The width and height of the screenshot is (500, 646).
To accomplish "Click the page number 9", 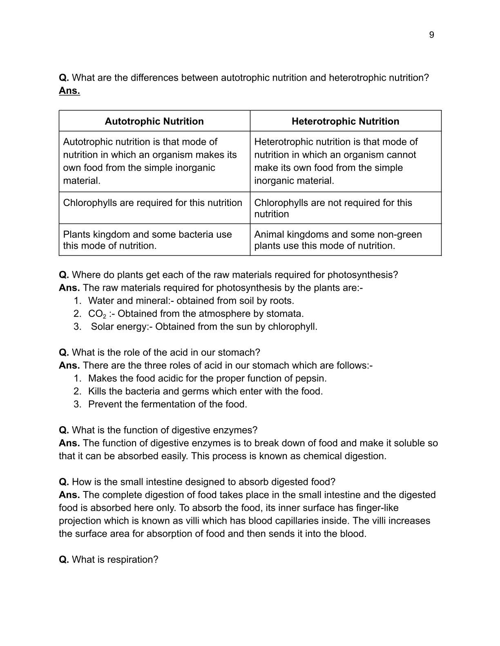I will point(431,35).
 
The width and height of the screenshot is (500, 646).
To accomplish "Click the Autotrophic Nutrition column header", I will point(154,122).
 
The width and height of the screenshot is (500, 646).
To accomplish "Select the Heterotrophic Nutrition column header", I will point(345,122).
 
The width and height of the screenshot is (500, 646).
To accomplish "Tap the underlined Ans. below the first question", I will point(69,91).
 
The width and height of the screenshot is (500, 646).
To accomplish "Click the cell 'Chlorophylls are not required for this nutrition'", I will point(333,208).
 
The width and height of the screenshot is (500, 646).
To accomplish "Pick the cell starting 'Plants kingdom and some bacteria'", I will point(147,240).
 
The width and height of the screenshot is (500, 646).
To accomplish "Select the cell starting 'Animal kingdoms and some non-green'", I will point(338,240).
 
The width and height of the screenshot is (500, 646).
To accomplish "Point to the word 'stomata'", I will point(285,314).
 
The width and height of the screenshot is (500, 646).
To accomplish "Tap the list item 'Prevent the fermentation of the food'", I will point(167,404).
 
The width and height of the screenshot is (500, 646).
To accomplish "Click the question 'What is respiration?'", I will point(115,560).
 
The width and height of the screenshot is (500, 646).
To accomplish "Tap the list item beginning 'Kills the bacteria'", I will point(205,391).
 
